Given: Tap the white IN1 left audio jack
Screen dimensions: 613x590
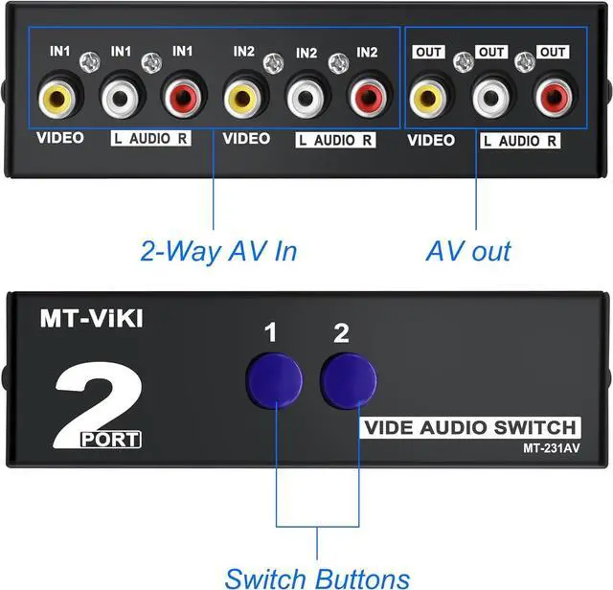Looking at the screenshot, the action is pos(120,98).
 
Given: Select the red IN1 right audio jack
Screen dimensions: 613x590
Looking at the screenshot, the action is pos(182,98).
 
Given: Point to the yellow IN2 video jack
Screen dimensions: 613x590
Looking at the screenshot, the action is pos(243,98).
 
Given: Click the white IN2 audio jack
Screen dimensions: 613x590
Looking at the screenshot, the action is pos(306,98).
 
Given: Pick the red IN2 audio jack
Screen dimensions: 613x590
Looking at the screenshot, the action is pos(367,98).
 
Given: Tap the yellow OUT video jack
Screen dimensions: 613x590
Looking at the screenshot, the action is pos(428,98).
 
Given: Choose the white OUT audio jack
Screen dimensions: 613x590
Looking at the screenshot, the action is pos(490,98).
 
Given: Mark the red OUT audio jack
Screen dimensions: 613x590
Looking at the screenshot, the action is pos(552,98).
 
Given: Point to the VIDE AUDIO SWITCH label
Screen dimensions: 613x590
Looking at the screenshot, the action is pos(469,427).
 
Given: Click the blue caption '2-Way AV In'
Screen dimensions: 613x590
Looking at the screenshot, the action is pos(218,252).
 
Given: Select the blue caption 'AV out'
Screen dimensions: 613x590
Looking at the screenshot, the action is pos(468,252).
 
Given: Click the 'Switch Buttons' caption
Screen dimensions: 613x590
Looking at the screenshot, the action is pos(317,577).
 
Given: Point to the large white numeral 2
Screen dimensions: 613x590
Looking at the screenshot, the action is pos(96,397).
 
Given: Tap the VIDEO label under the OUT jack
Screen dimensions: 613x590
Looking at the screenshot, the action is pos(431,141).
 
